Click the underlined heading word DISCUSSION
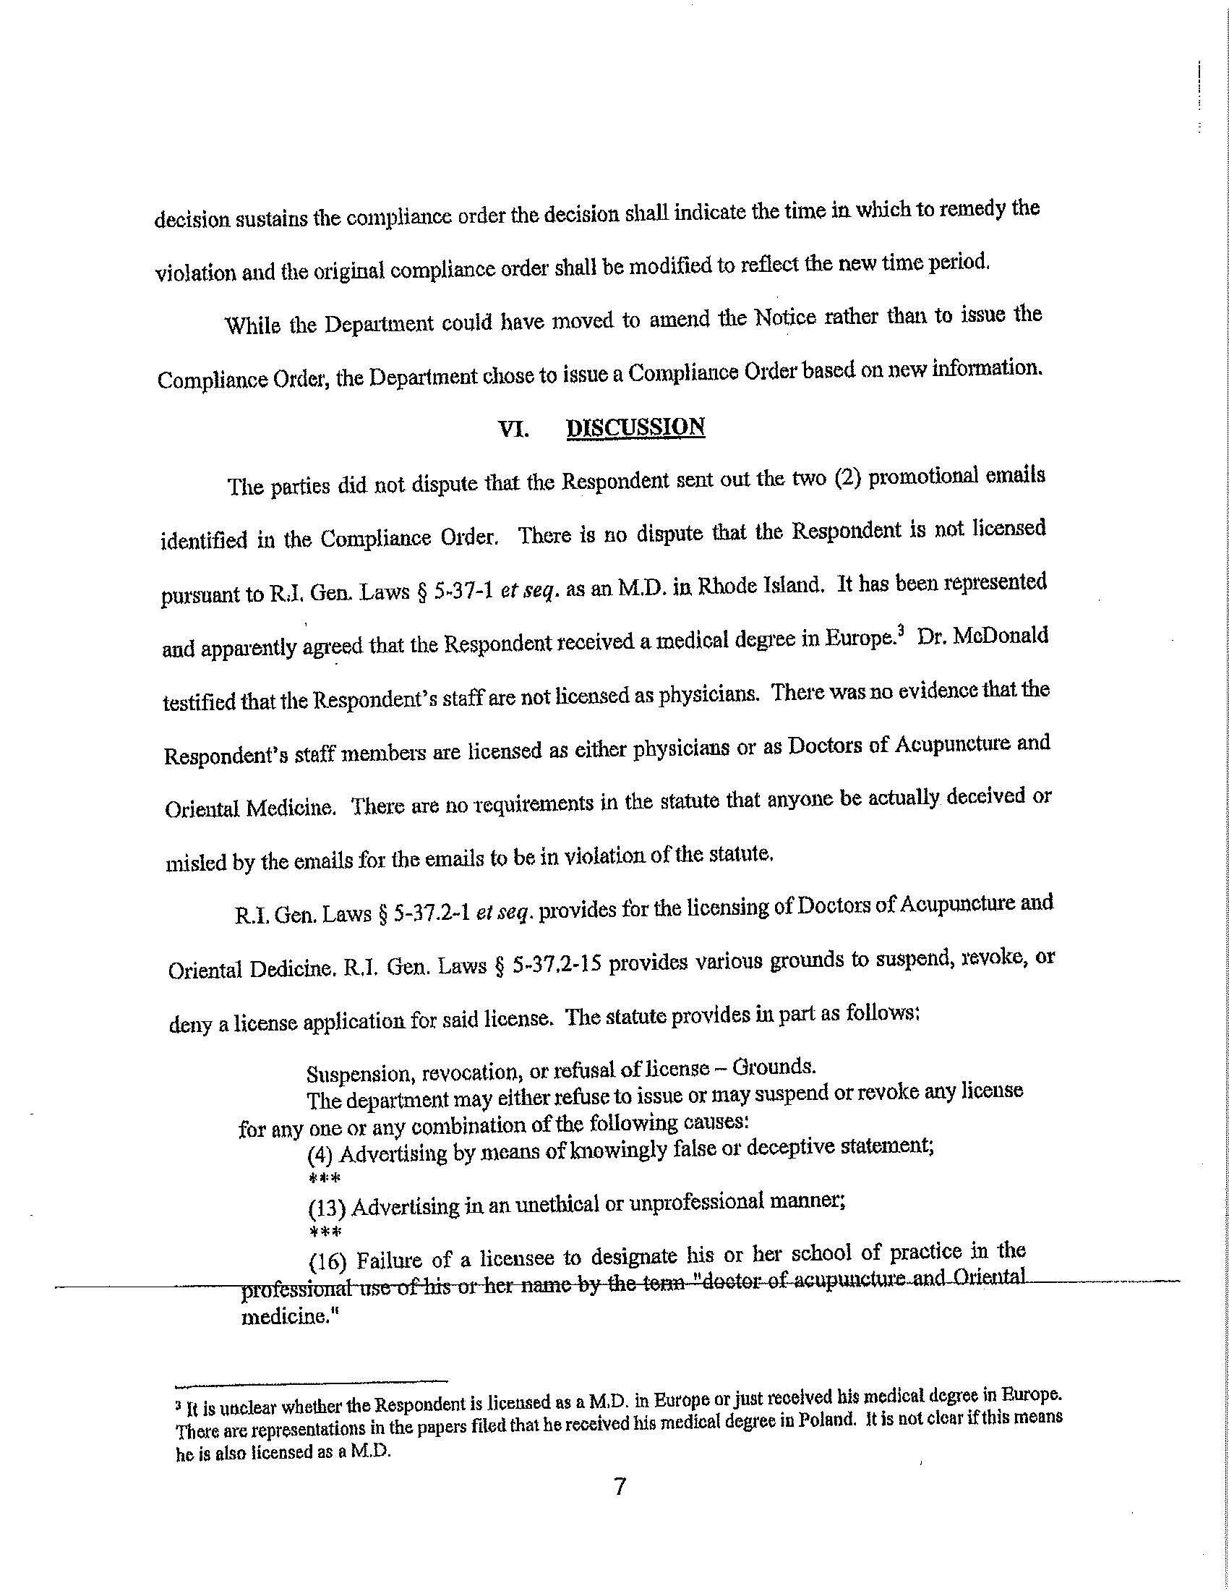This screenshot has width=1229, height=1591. [635, 427]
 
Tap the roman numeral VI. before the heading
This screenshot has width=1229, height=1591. [513, 430]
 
